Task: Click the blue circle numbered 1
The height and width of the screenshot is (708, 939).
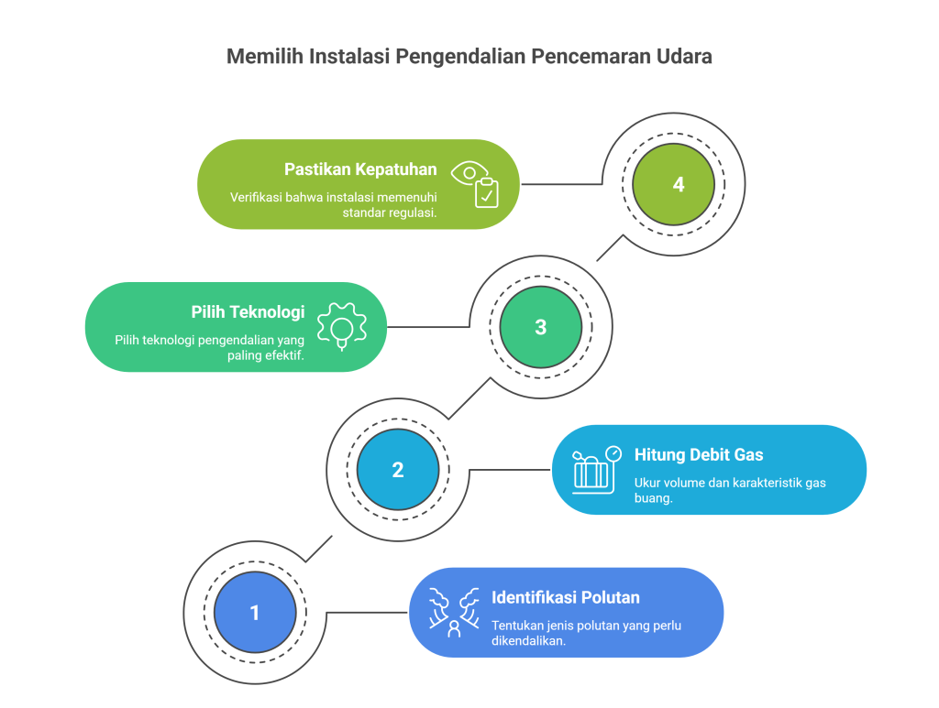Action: (255, 612)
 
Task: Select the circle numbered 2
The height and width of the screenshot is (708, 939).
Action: (398, 470)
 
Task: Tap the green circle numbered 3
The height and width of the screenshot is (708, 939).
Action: (540, 327)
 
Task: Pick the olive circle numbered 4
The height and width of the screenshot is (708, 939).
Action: (679, 184)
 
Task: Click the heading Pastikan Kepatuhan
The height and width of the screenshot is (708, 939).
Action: (360, 169)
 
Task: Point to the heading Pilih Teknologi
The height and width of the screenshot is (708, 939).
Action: (248, 311)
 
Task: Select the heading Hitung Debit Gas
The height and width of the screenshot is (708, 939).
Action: (699, 454)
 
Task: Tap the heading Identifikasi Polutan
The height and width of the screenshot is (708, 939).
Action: (566, 597)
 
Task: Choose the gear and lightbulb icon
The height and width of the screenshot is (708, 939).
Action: (341, 325)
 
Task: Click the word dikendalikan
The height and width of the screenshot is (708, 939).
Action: (528, 640)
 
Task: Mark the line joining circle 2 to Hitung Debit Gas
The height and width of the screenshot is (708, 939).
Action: (510, 470)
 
